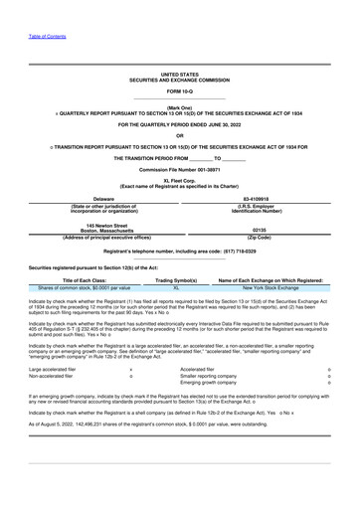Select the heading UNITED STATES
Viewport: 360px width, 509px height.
pos(179,75)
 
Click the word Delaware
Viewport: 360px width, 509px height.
pos(90,199)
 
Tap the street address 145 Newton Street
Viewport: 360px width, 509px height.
pos(90,224)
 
